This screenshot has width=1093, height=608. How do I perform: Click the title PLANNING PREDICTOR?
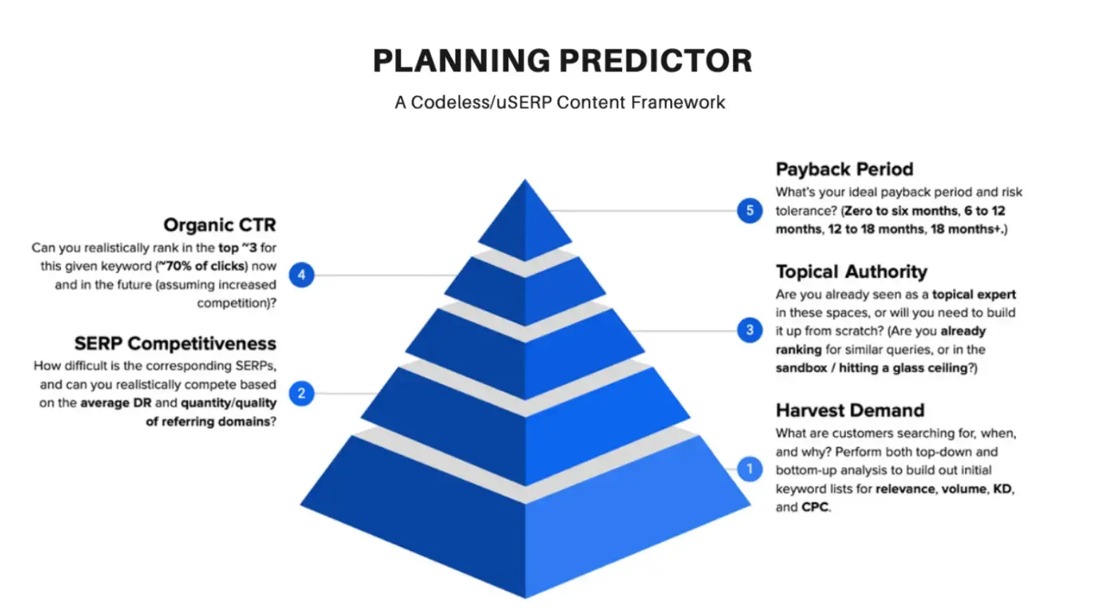coord(562,61)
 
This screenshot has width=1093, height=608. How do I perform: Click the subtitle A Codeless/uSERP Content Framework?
coord(559,103)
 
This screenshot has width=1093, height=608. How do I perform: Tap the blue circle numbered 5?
coord(750,211)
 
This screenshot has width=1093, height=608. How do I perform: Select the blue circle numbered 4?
coord(302,275)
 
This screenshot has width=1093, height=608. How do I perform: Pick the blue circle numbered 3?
coord(750,330)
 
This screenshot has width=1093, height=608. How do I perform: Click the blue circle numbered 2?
coord(302,393)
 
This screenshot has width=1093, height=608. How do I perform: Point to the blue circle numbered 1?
coord(750,469)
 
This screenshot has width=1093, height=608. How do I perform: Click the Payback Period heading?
coord(844,169)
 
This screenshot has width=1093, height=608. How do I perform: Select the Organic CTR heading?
coord(220,225)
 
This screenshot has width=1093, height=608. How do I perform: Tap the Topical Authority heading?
coord(851,272)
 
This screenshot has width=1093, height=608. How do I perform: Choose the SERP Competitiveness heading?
coord(175,343)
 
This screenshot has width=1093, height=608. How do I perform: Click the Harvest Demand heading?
coord(849,410)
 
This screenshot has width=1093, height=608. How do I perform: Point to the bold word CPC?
coord(815,507)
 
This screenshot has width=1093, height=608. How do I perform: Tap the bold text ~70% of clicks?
coord(202,266)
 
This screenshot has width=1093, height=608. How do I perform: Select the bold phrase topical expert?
coord(974,294)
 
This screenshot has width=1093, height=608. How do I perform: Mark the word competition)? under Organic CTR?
coord(237,303)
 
